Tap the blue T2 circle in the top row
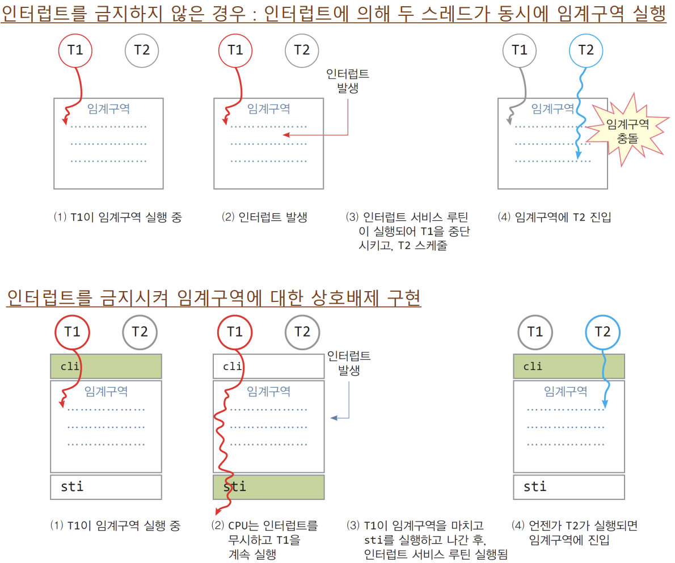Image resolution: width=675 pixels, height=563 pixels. (586, 51)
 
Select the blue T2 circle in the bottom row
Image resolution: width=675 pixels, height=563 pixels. (602, 332)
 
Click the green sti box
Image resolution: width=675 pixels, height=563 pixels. (269, 487)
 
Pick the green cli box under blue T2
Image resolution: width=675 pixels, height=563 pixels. (569, 367)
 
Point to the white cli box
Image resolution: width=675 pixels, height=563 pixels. (269, 367)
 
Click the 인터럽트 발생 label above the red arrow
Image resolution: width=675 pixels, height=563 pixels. (348, 81)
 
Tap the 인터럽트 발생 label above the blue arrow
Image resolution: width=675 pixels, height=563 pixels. (349, 363)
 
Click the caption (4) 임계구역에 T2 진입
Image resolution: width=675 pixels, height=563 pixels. (555, 217)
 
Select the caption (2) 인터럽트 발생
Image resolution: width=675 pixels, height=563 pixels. (264, 217)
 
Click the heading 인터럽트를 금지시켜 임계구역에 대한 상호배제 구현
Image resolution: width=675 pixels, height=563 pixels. (214, 297)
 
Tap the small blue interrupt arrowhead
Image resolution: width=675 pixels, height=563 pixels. (334, 418)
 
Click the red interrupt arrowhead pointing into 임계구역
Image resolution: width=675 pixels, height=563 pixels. (286, 135)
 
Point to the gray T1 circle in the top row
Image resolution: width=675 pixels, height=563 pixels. (520, 51)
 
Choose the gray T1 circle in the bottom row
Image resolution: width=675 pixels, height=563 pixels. (535, 332)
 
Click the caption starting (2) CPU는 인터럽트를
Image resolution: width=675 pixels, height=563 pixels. (264, 540)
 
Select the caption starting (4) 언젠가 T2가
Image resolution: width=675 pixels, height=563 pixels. (575, 533)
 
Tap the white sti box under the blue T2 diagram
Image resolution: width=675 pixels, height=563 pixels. (569, 487)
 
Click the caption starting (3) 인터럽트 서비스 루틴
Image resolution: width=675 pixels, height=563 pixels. (408, 232)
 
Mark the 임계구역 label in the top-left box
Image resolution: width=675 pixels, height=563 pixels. (108, 108)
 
